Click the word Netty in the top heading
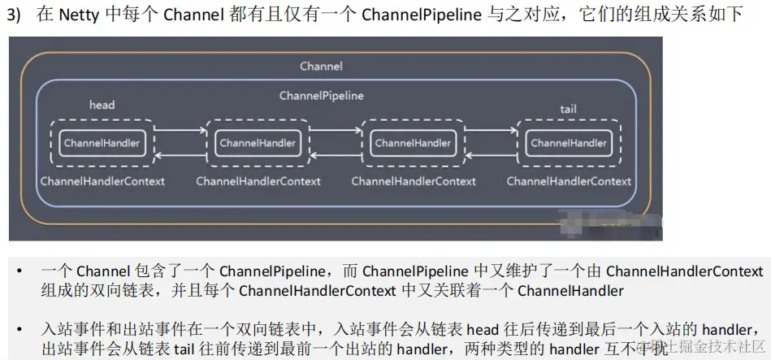pyautogui.click(x=77, y=15)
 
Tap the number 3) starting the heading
pyautogui.click(x=17, y=15)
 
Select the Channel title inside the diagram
pyautogui.click(x=321, y=66)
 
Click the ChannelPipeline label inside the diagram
pyautogui.click(x=321, y=95)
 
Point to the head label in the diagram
pyautogui.click(x=102, y=105)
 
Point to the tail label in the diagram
pyautogui.click(x=569, y=109)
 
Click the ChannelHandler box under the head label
pyautogui.click(x=102, y=143)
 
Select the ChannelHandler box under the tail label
pyautogui.click(x=569, y=143)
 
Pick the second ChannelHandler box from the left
pyautogui.click(x=258, y=143)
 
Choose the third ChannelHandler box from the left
pyautogui.click(x=413, y=143)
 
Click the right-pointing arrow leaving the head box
pyautogui.click(x=179, y=128)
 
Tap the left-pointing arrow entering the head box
pyautogui.click(x=179, y=158)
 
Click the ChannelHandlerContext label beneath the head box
pyautogui.click(x=102, y=181)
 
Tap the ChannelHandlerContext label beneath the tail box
pyautogui.click(x=569, y=181)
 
